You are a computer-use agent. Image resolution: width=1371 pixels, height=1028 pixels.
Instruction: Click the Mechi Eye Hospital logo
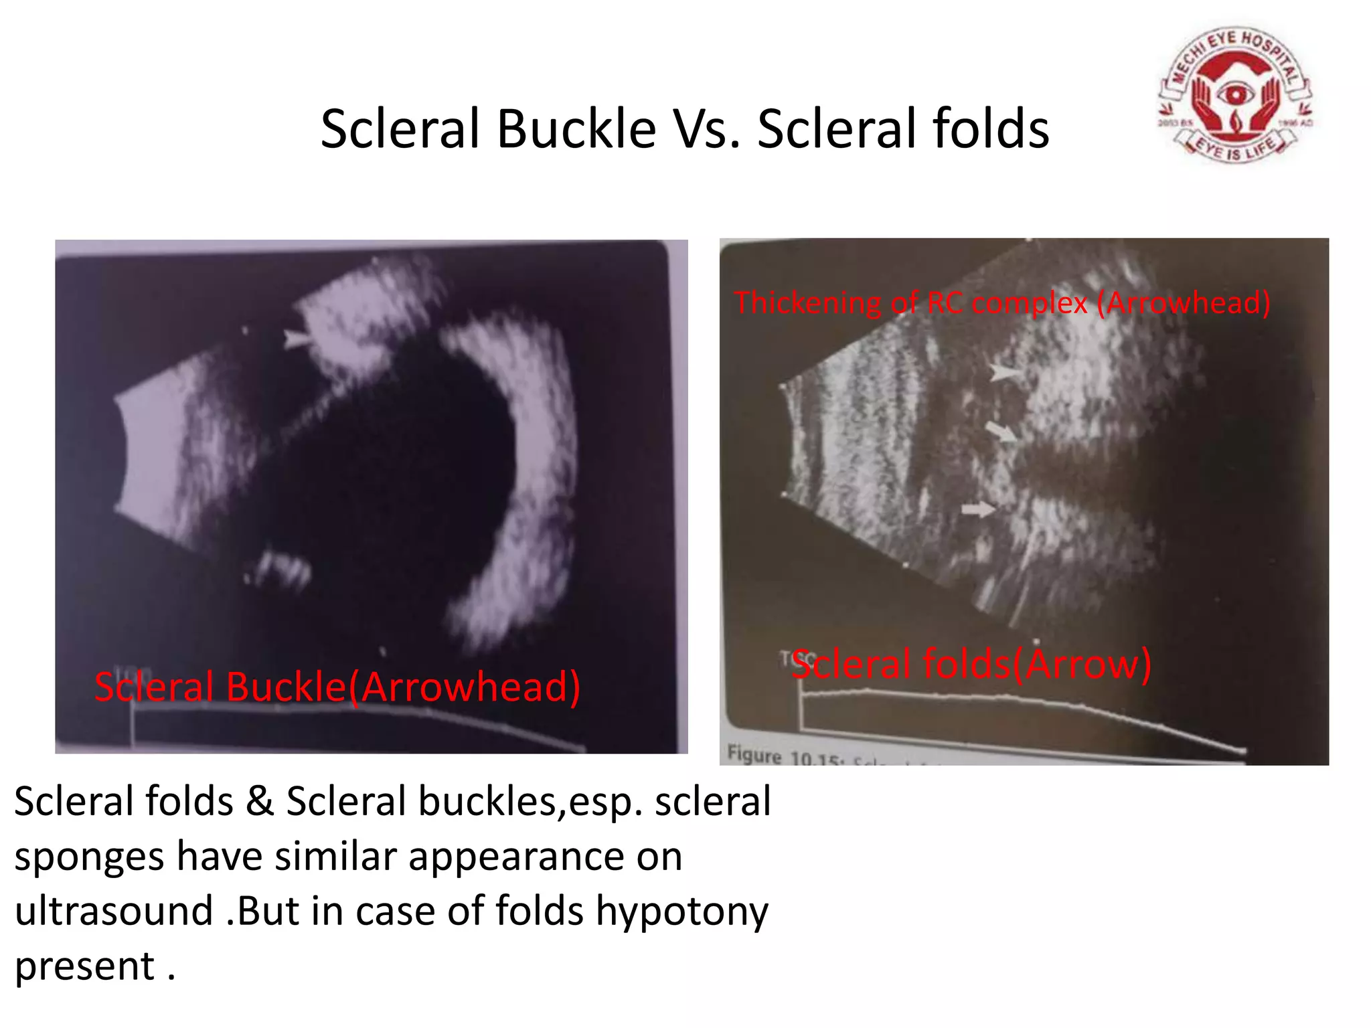[x=1235, y=95]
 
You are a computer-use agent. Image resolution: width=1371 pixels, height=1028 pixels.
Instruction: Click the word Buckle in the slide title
[x=576, y=128]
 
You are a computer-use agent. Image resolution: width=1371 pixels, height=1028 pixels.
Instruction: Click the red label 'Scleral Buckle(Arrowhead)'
[x=337, y=687]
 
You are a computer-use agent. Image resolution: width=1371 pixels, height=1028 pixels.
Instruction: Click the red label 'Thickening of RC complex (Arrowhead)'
[x=1001, y=303]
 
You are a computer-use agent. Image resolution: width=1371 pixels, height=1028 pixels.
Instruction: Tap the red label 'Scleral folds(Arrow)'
[x=971, y=664]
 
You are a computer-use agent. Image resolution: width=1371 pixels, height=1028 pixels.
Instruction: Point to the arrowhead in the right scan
[x=1004, y=372]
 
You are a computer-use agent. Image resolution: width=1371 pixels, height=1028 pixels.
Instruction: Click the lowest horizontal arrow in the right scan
[x=977, y=510]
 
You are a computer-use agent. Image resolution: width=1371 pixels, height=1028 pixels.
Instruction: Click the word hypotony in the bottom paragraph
[x=681, y=912]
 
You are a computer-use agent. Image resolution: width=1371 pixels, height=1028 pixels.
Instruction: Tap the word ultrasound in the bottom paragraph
[x=114, y=912]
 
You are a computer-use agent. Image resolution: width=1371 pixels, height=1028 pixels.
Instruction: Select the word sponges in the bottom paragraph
[x=88, y=858]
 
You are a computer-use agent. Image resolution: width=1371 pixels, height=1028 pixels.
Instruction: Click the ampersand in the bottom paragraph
[x=260, y=802]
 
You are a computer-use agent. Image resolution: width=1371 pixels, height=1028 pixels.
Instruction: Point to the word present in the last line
[x=84, y=966]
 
